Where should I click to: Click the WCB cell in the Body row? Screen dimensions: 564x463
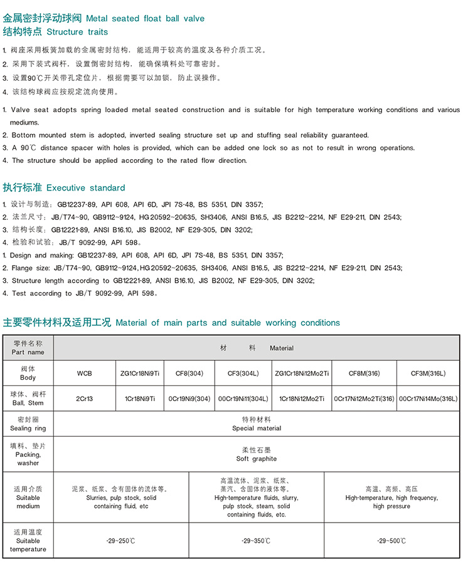(84, 373)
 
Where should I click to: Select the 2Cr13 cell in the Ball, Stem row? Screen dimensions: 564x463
(84, 399)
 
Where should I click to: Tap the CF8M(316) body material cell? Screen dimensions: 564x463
(365, 373)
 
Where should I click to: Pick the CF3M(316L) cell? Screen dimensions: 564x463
(428, 373)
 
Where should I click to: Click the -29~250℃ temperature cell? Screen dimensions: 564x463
(120, 540)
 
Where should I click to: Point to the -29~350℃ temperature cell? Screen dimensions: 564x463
(256, 540)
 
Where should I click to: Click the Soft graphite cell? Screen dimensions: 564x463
(256, 454)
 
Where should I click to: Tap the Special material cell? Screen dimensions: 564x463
(256, 424)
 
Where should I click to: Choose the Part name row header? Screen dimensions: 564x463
(28, 348)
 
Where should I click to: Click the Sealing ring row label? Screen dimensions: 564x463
(28, 424)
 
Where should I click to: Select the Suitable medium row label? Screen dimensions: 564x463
(28, 497)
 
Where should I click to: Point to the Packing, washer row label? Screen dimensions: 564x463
(28, 454)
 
